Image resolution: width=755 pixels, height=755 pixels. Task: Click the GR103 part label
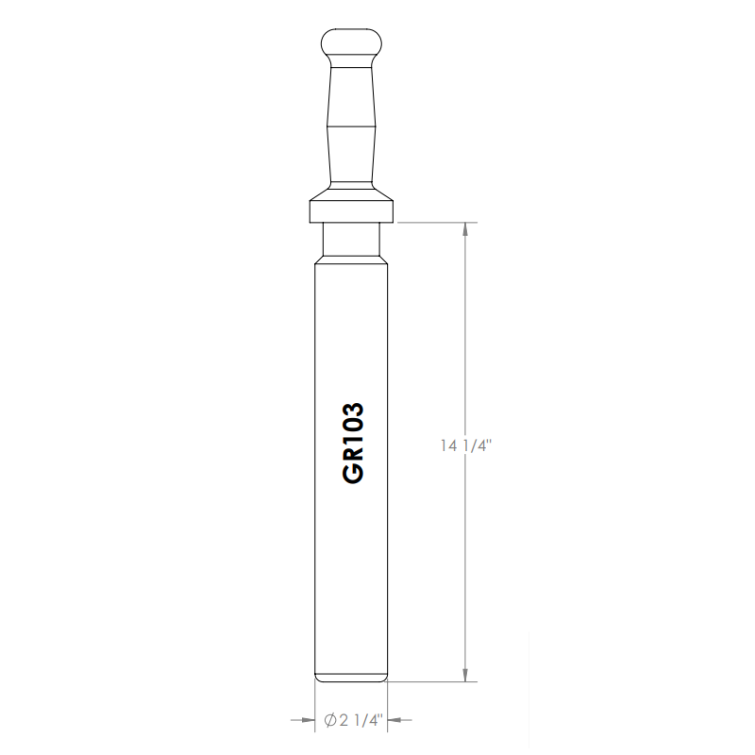click(x=353, y=443)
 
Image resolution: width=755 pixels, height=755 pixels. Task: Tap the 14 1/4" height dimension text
click(x=465, y=445)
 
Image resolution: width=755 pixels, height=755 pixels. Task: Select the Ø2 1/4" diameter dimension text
click(x=353, y=720)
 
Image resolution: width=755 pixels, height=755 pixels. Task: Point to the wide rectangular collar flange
click(x=351, y=210)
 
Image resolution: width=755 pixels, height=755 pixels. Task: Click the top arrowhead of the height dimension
click(x=465, y=229)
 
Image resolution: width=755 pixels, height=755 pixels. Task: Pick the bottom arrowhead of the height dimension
click(x=465, y=675)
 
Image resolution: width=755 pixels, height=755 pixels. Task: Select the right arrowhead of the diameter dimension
click(x=394, y=720)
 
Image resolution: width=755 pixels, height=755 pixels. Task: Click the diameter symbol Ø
click(x=329, y=720)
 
